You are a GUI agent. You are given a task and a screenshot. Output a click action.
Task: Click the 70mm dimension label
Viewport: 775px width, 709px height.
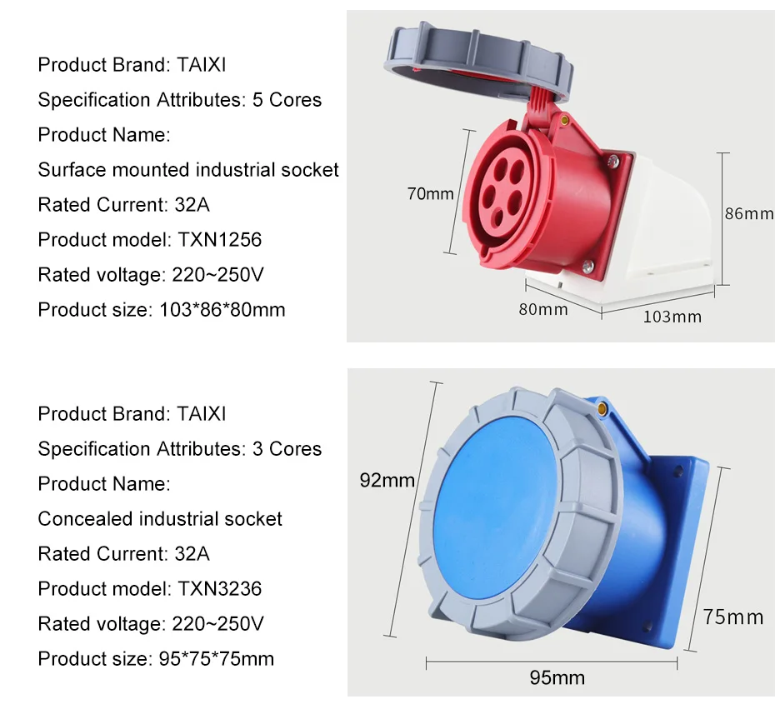[x=431, y=193]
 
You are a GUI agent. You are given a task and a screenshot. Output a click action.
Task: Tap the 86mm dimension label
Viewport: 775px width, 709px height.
[x=749, y=213]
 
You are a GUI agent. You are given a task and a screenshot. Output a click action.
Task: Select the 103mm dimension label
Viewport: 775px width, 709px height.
[x=672, y=317]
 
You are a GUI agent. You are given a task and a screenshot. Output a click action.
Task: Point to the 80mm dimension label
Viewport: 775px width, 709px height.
[x=543, y=309]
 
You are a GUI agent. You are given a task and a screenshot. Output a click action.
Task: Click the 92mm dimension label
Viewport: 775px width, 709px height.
[x=387, y=480]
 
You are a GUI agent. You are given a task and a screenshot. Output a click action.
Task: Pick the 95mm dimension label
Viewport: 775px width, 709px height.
[x=557, y=677]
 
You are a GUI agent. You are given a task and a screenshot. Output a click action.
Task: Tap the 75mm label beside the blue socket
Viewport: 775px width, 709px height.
[x=733, y=617]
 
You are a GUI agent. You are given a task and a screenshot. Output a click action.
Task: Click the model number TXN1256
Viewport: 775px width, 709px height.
[x=219, y=240]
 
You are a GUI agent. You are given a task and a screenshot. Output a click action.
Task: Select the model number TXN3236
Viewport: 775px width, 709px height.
[x=219, y=588]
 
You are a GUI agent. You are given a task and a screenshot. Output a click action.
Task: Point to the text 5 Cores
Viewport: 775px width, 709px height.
[x=287, y=100]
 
